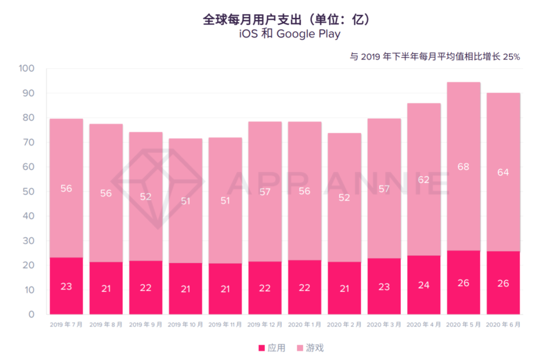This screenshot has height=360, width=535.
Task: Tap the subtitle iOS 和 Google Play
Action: [x=287, y=34]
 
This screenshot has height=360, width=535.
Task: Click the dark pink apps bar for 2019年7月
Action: [x=66, y=286]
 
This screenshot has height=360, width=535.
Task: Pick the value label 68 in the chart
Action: [x=463, y=167]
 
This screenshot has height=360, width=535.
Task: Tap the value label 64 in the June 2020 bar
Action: [x=503, y=172]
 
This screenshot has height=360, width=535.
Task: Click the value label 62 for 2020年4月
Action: [x=424, y=180]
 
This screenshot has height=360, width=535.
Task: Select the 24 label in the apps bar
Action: [x=424, y=285]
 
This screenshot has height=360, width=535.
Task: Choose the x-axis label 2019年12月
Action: [x=265, y=325]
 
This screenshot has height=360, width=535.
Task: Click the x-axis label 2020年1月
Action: [x=305, y=325]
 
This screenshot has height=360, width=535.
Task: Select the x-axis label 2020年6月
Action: [x=503, y=325]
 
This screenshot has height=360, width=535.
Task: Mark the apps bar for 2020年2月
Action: [x=344, y=288]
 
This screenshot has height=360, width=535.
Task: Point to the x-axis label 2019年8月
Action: [x=106, y=325]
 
